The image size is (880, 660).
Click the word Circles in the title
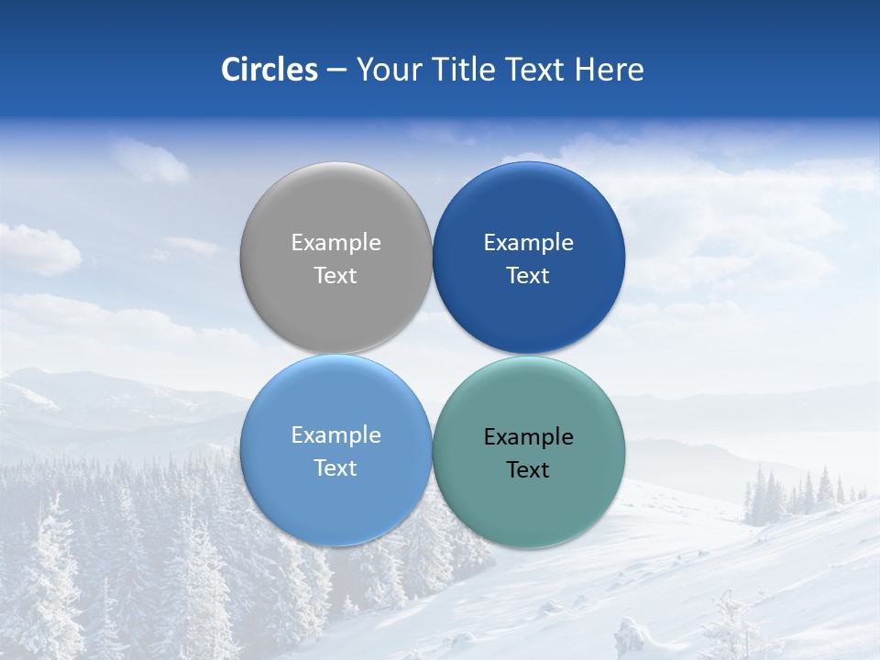click(x=269, y=70)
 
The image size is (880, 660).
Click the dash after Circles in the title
click(x=336, y=71)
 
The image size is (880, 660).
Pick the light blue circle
click(x=335, y=504)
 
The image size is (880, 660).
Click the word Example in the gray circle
click(x=335, y=243)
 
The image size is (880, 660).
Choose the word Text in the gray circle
click(x=335, y=275)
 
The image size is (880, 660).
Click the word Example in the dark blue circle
click(x=528, y=243)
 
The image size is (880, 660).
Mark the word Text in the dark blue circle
click(x=528, y=275)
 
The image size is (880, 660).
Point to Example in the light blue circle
click(x=335, y=435)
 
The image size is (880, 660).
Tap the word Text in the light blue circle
click(x=335, y=467)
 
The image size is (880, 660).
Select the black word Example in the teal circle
click(x=528, y=437)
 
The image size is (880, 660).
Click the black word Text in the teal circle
click(x=528, y=469)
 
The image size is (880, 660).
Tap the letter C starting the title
click(x=231, y=70)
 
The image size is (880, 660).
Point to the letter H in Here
click(x=583, y=70)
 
